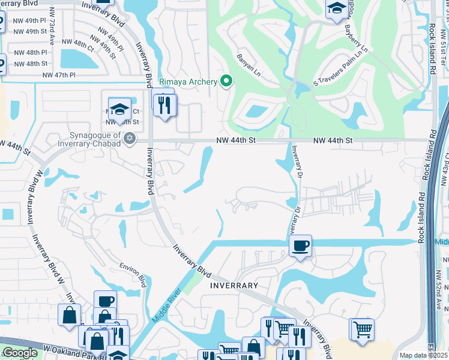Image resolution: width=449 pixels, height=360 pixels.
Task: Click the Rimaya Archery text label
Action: tap(187, 82)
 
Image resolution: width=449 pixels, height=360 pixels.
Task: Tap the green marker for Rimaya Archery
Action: tap(226, 80)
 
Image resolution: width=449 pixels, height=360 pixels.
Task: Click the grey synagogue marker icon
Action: tap(129, 139)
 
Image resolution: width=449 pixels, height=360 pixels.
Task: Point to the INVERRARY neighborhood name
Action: tap(234, 286)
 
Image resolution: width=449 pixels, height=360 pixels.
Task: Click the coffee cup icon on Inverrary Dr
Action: tap(300, 245)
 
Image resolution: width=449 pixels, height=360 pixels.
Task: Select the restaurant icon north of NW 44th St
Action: tap(163, 104)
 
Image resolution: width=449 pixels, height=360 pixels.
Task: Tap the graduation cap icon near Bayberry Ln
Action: tap(336, 8)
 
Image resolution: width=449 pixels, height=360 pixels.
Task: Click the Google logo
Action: tap(20, 353)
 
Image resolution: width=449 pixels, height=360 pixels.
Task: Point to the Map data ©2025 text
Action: tap(423, 355)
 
